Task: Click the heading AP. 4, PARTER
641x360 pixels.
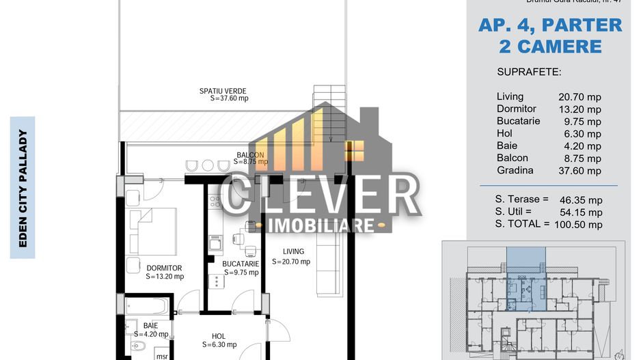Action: coord(549,25)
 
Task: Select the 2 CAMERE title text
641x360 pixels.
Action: coord(549,46)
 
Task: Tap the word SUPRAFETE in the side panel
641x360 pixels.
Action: coord(529,72)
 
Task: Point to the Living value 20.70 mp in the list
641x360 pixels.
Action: coord(580,98)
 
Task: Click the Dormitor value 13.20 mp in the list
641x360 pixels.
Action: coord(580,109)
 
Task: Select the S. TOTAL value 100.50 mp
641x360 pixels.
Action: coord(579,224)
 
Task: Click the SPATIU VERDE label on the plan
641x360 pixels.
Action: coord(223,91)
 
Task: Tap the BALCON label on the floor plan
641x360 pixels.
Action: coord(250,154)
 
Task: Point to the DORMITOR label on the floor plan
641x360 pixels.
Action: coord(164,268)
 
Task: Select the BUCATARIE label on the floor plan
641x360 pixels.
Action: coord(240,263)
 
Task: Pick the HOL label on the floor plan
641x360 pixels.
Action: coord(219,335)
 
